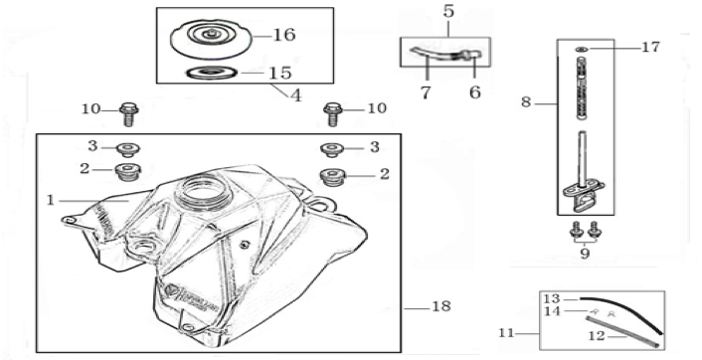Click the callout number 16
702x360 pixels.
[x=284, y=35]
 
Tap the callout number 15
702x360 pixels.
[x=280, y=73]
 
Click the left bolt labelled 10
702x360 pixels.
[x=129, y=113]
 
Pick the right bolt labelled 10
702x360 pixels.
[x=332, y=113]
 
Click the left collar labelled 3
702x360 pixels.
[x=128, y=149]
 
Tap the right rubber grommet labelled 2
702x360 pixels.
[x=332, y=176]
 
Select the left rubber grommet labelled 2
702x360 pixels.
[x=127, y=171]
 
